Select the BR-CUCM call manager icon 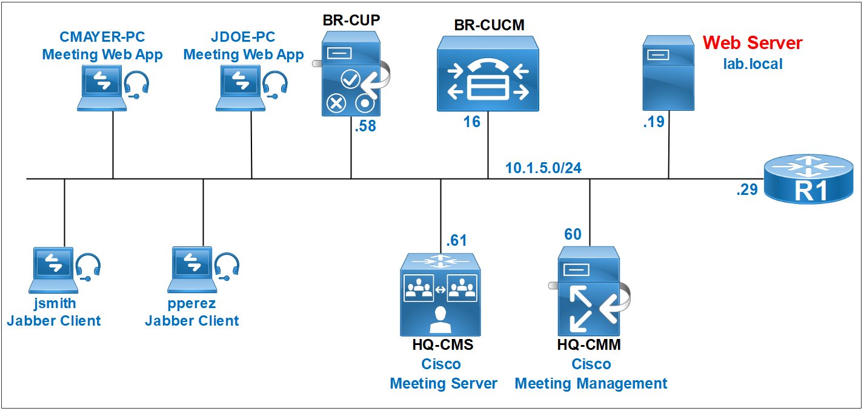pos(488,74)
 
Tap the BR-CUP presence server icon pos(351,74)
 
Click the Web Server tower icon pos(668,73)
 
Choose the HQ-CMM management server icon pos(589,291)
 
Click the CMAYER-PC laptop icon pos(102,88)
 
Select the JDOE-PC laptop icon pos(241,88)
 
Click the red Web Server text pos(753,43)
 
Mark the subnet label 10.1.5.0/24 pos(543,168)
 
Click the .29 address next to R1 pos(747,189)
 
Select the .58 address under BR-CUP pos(365,127)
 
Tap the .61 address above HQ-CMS pos(456,240)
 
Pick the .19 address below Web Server pos(654,122)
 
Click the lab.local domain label pos(753,64)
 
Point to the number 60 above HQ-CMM pos(573,234)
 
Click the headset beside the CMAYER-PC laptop pos(137,84)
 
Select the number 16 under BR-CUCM pos(472,122)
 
